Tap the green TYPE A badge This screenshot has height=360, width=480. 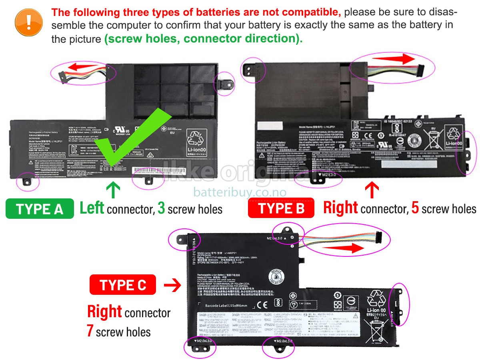[40, 209]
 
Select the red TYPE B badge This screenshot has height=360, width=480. [281, 208]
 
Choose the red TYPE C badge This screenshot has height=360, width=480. [123, 285]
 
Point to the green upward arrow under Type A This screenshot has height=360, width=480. [113, 190]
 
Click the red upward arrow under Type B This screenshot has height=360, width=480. [372, 190]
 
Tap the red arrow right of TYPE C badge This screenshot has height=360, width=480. [173, 285]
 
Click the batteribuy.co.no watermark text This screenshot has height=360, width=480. [240, 192]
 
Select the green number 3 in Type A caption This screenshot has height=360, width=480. [161, 208]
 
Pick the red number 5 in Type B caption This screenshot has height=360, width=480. [415, 208]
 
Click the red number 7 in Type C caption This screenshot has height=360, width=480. [90, 331]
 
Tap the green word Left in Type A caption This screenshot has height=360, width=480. [92, 208]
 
